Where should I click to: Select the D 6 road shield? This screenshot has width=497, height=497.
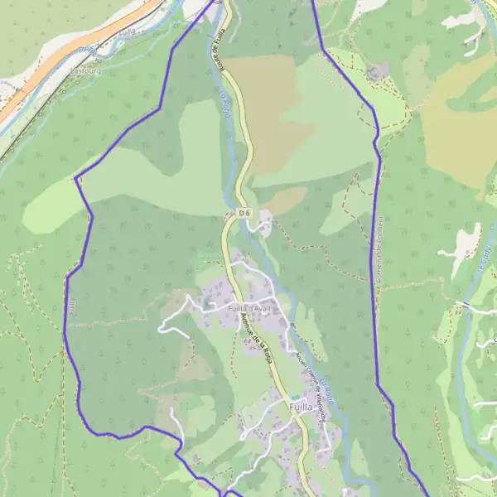pyautogui.click(x=244, y=213)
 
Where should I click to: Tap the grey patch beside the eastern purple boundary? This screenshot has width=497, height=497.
pyautogui.click(x=378, y=72)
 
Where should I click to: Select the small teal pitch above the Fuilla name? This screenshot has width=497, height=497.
pyautogui.click(x=294, y=398)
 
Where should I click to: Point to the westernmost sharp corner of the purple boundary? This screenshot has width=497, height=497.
pyautogui.click(x=76, y=178)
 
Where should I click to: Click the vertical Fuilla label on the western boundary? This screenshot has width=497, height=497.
pyautogui.click(x=73, y=306)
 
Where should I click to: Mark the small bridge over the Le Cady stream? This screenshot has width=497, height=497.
pyautogui.click(x=467, y=306)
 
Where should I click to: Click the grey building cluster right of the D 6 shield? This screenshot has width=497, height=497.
pyautogui.click(x=265, y=222)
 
